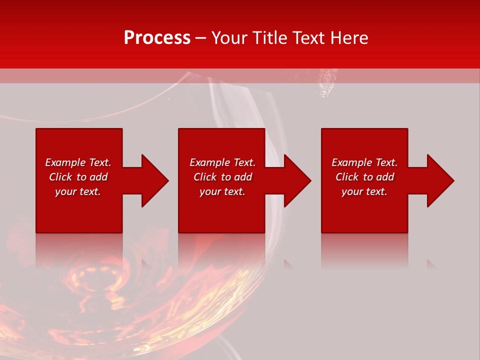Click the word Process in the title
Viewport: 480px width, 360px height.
coord(157,37)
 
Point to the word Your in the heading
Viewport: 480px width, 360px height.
coord(230,37)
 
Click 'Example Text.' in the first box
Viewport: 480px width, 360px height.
coord(78,162)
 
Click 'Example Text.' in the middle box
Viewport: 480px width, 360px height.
coord(222,162)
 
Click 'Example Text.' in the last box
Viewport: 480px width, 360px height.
coord(364,162)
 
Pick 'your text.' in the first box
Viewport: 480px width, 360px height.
coord(78,191)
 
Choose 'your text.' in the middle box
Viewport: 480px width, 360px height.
coord(222,191)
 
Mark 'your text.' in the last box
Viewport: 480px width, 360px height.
coord(364,191)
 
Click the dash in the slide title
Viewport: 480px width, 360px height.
coord(201,38)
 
